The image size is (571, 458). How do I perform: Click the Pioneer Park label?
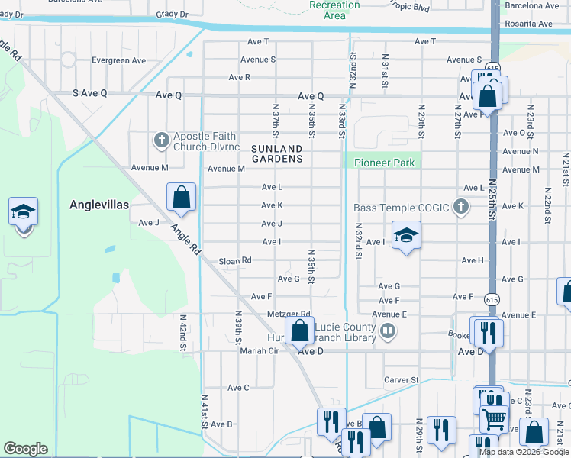click(384, 163)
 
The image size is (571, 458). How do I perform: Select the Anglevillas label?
click(99, 205)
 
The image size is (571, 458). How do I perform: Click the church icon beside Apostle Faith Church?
click(160, 140)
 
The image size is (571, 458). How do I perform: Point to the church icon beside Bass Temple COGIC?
click(460, 206)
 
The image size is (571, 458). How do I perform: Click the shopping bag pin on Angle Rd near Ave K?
click(182, 198)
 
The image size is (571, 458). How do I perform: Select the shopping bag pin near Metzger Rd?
click(300, 331)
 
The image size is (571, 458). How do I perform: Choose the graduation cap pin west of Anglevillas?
click(23, 211)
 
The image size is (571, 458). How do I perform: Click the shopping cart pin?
click(494, 418)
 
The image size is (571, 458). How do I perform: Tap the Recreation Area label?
click(335, 10)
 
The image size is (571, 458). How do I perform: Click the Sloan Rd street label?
click(235, 260)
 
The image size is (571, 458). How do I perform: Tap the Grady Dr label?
click(172, 14)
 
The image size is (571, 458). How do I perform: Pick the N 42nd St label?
click(184, 333)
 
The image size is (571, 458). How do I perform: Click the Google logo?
click(25, 449)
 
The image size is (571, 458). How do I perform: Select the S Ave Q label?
click(90, 93)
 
